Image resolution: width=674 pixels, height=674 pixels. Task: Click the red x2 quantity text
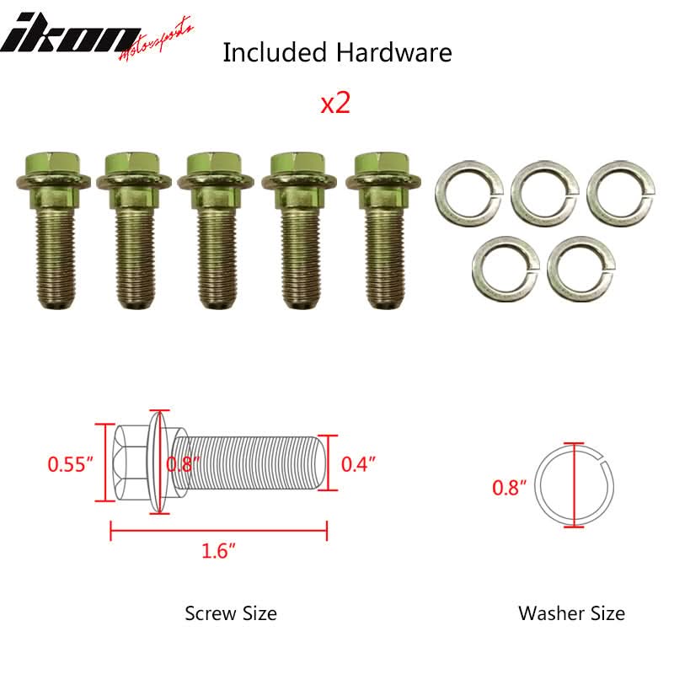coord(335,104)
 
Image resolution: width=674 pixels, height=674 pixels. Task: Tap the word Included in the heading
coord(275,52)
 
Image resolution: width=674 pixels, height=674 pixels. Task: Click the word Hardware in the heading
coord(393,52)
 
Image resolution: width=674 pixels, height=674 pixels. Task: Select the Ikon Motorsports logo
coord(97,37)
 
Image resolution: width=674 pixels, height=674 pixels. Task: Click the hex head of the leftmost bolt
coord(53,163)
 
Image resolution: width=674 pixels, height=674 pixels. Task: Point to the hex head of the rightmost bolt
coord(382,163)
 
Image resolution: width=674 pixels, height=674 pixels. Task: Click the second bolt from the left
coord(133,230)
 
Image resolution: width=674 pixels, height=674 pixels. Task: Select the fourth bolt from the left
coord(300,230)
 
